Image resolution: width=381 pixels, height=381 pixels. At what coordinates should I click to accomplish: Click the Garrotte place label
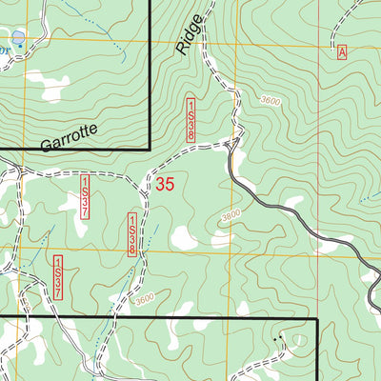70,140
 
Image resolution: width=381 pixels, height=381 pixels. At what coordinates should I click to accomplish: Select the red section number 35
165,185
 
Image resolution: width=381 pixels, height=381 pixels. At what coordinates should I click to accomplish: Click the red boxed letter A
341,53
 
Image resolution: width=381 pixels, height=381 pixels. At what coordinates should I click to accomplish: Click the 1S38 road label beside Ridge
191,120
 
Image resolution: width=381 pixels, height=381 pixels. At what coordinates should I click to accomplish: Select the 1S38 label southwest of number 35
131,235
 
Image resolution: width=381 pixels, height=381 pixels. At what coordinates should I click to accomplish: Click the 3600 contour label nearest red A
270,100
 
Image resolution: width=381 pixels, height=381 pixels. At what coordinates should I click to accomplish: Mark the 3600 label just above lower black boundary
144,299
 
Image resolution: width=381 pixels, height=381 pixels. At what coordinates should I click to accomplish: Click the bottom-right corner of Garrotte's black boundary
150,150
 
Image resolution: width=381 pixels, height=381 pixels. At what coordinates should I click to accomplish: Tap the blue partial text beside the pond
5,43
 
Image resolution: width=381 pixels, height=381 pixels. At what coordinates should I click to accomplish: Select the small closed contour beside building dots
301,340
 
